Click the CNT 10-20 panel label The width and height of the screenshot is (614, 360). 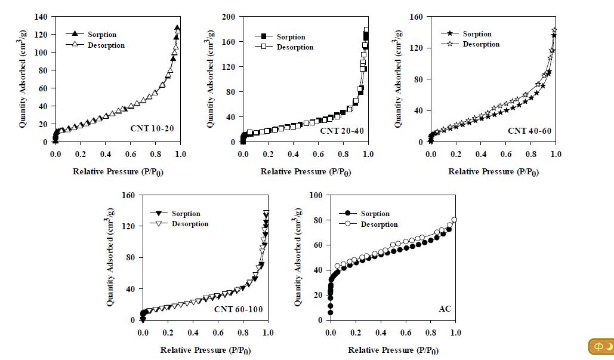coord(152,128)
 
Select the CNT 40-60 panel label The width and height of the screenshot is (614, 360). coord(528,130)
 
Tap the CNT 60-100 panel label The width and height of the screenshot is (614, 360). coord(238,309)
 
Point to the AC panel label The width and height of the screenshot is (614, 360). coord(445,309)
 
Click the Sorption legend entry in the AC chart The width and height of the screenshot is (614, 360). coord(375,214)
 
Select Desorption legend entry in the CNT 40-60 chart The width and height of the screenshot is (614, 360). coord(481,44)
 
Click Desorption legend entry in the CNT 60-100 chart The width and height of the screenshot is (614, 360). coord(190,224)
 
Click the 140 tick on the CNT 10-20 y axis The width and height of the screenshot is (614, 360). coord(41,17)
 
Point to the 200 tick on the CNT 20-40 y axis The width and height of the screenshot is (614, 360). coord(229,17)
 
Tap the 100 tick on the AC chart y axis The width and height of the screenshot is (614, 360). coord(317,195)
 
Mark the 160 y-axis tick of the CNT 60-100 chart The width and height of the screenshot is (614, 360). coord(128,195)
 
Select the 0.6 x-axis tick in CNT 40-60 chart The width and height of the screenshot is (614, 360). coord(506,154)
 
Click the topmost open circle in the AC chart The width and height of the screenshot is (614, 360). coord(455,220)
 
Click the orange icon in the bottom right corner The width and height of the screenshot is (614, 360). coord(600,347)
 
